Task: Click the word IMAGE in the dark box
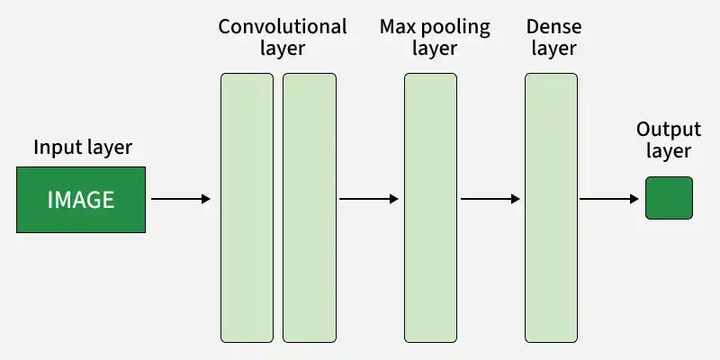pos(81,200)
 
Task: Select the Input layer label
pos(83,148)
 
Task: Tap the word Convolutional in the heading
pos(283,27)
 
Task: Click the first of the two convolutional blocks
pos(247,208)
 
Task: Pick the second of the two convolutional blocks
pos(310,208)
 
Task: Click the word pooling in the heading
pos(455,29)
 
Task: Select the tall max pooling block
pos(431,208)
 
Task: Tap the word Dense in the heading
pos(553,27)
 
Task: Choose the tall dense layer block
pos(551,208)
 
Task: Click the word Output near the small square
pos(669,130)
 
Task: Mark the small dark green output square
pos(669,198)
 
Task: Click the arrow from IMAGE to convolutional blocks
pos(181,199)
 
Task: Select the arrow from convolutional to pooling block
pos(369,199)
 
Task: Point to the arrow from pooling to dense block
pos(490,199)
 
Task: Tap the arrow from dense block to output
pos(609,199)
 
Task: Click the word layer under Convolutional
pos(283,49)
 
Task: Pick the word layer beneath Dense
pos(553,49)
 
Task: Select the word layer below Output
pos(669,151)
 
